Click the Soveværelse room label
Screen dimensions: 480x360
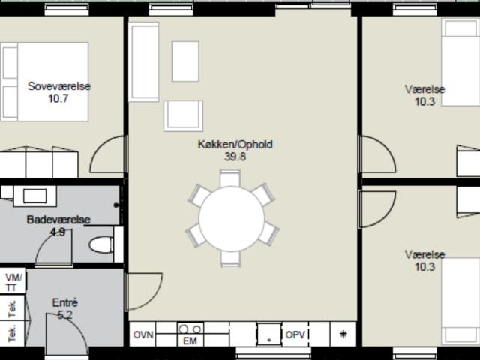[x=59, y=86]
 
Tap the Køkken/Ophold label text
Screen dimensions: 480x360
[x=235, y=144]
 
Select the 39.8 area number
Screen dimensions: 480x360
[x=235, y=157]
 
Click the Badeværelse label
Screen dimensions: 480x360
[x=58, y=220]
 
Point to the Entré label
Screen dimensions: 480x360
[x=65, y=302]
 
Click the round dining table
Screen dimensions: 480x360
[x=232, y=218]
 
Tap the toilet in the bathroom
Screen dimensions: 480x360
[x=101, y=244]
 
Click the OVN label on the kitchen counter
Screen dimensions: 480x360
[x=143, y=334]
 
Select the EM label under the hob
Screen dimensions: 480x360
[x=190, y=340]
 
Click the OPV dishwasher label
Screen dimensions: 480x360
[x=295, y=334]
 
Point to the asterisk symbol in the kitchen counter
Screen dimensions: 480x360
[x=343, y=334]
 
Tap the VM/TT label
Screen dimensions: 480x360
[x=13, y=283]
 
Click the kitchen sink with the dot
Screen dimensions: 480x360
[x=269, y=334]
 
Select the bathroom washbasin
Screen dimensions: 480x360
[x=35, y=196]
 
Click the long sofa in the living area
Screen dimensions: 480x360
[x=143, y=61]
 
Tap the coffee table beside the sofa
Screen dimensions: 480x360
[x=185, y=61]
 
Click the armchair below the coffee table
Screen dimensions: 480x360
[x=183, y=116]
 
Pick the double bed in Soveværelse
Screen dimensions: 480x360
[x=44, y=82]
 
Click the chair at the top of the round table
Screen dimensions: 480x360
[x=230, y=178]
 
